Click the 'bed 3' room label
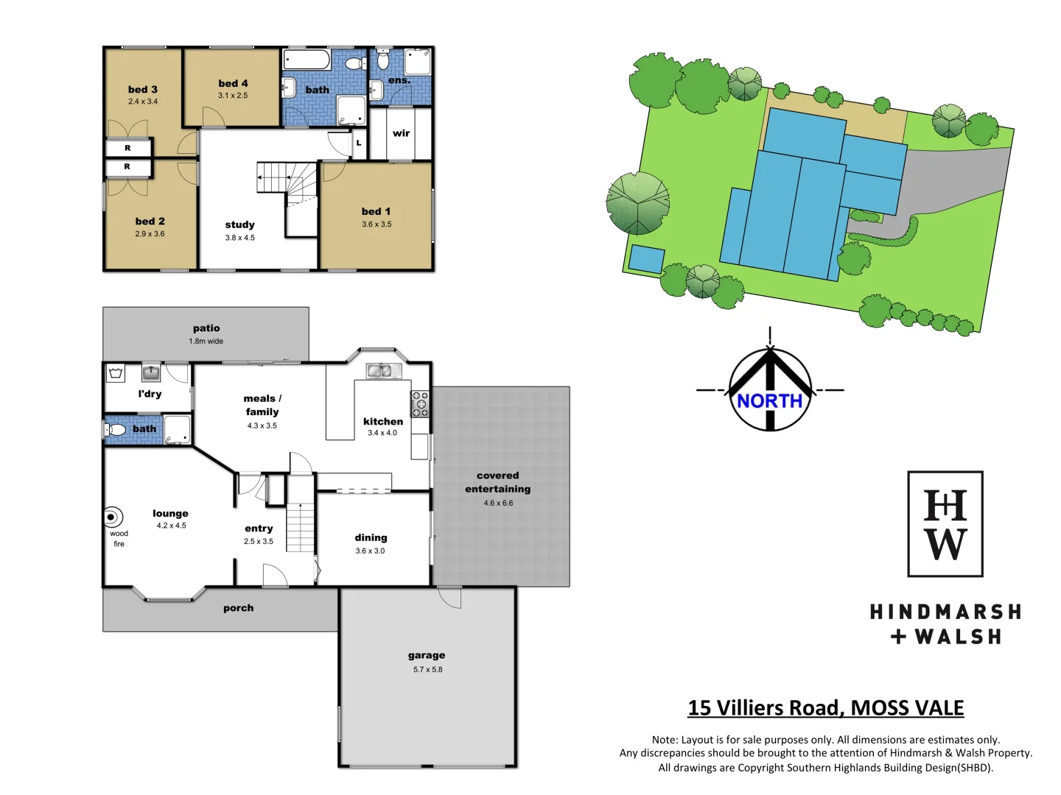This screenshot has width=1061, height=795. (142, 90)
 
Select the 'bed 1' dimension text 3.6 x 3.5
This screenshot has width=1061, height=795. (377, 225)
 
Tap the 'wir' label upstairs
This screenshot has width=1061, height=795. (401, 133)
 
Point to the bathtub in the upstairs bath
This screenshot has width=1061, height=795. (307, 60)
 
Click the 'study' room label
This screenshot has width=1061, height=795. (239, 225)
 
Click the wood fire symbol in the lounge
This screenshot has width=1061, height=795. (113, 517)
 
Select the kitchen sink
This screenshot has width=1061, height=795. (379, 371)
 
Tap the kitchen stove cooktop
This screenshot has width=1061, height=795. (420, 404)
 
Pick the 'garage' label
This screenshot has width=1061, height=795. (427, 655)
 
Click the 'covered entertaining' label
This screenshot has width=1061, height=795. (497, 482)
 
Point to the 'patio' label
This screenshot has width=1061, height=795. (206, 328)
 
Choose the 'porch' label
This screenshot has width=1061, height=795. (238, 608)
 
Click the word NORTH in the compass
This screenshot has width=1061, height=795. (769, 401)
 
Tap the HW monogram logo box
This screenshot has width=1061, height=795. (945, 524)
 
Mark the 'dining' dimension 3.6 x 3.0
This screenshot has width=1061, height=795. (370, 551)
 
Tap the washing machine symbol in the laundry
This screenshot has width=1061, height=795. (116, 373)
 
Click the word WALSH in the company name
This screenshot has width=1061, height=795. (958, 637)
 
